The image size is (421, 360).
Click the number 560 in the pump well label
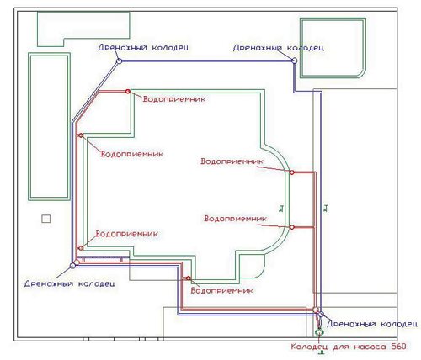[x=398, y=347]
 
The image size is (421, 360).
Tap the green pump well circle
[x=319, y=332]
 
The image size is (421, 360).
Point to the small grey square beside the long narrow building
[x=46, y=219]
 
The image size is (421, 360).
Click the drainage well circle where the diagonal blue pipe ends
[x=119, y=61]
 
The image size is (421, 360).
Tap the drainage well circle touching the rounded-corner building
[x=294, y=61]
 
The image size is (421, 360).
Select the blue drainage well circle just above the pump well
[x=321, y=314]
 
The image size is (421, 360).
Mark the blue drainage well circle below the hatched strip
[x=72, y=266]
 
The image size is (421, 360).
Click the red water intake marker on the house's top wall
[x=128, y=91]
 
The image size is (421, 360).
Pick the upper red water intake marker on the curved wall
[x=292, y=172]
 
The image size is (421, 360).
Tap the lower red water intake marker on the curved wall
[x=292, y=227]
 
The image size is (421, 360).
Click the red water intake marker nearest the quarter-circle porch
[x=189, y=278]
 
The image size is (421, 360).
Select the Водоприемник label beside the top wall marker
[x=174, y=99]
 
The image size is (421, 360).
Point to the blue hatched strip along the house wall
[x=104, y=257]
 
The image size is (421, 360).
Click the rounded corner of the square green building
[x=361, y=73]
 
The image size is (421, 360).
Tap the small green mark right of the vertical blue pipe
[x=326, y=209]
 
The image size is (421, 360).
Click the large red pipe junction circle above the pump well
[x=316, y=310]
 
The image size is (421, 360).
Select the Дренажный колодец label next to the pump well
[x=372, y=324]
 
